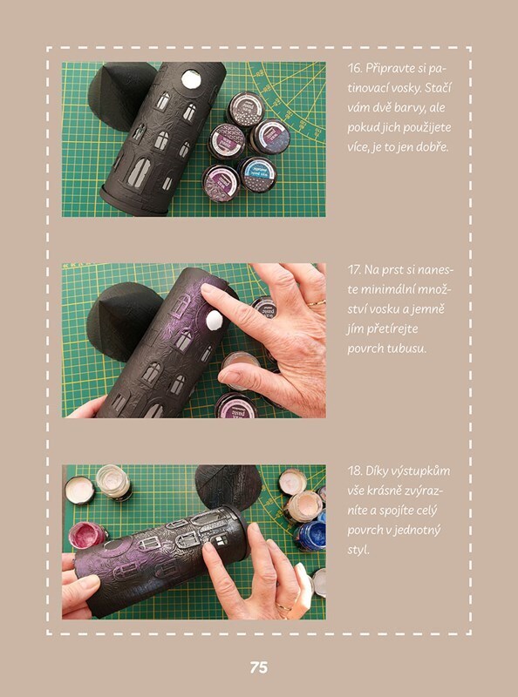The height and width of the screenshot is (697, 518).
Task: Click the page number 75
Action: click(x=258, y=667)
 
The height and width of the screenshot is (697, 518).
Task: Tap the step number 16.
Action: click(x=355, y=69)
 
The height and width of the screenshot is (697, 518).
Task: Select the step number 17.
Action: click(x=354, y=270)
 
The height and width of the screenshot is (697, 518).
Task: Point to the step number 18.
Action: click(x=355, y=471)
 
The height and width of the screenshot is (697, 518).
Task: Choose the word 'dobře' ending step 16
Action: click(x=434, y=146)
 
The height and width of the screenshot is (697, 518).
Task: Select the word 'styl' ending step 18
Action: click(x=358, y=550)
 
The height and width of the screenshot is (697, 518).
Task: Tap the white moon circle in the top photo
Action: click(x=191, y=79)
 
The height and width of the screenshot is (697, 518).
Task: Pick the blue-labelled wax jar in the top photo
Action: click(x=258, y=173)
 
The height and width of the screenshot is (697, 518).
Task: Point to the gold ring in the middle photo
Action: click(x=317, y=303)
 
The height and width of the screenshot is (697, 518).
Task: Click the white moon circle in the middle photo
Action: click(x=214, y=320)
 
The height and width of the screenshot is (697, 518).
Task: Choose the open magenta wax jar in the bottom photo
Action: click(x=87, y=534)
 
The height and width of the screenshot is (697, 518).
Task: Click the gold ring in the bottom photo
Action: click(x=284, y=606)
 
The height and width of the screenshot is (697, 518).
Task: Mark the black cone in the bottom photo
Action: click(x=228, y=487)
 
